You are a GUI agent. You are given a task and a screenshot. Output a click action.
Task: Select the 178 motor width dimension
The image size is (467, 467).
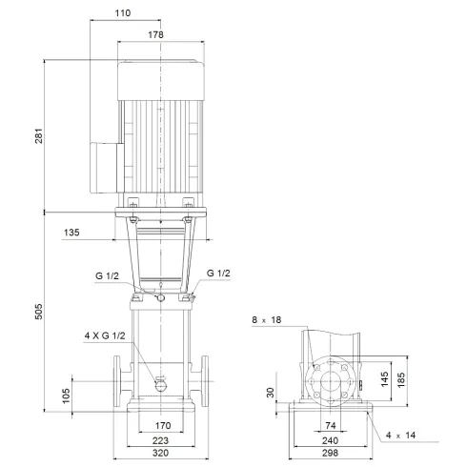(x=156, y=34)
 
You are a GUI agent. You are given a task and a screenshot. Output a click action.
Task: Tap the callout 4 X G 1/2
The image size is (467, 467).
(x=104, y=335)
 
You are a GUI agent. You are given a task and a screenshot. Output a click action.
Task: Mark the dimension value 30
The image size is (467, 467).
(x=272, y=393)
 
